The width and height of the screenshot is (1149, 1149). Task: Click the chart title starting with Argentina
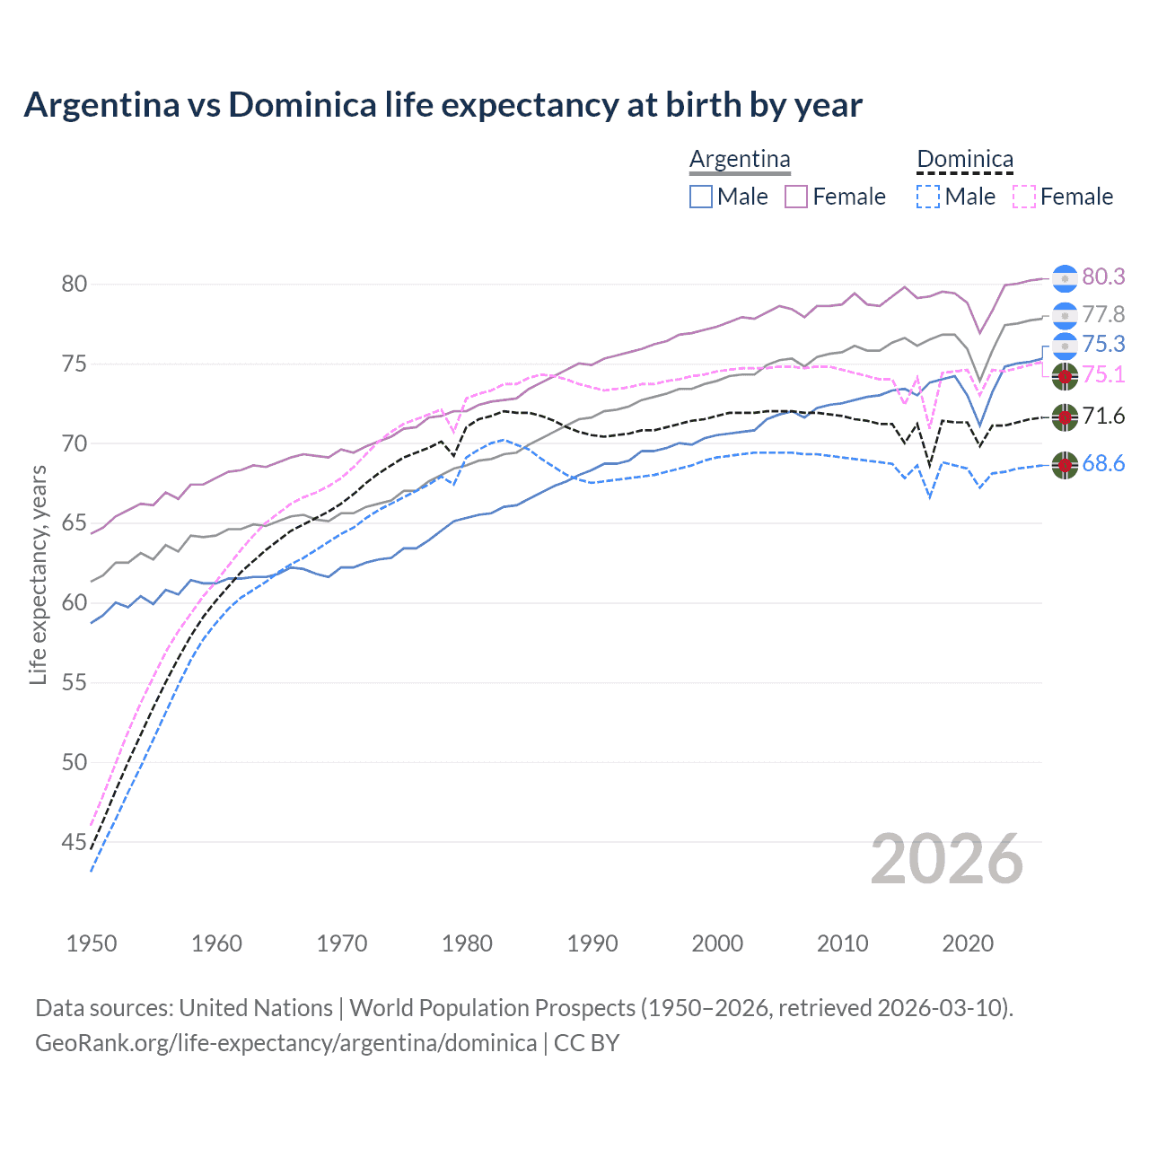tap(443, 105)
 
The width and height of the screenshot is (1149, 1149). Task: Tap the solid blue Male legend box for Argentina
tap(701, 197)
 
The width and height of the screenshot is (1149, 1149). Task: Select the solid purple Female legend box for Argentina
tap(796, 197)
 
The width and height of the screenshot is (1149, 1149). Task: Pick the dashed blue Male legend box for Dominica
tap(928, 197)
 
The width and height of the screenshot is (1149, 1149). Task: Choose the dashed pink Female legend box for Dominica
tap(1023, 197)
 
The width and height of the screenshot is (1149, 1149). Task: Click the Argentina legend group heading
tap(740, 160)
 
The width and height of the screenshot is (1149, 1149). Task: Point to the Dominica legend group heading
tap(965, 160)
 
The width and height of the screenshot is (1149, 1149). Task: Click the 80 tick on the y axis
tap(75, 285)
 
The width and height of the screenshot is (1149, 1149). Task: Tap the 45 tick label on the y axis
tap(75, 842)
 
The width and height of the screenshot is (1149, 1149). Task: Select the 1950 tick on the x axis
tap(92, 943)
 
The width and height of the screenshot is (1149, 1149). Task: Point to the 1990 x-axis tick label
tap(592, 943)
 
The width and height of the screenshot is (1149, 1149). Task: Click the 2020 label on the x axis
tap(968, 943)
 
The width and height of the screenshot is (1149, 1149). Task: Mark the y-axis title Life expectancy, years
tap(38, 574)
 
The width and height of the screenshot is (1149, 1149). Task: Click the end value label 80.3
tap(1103, 277)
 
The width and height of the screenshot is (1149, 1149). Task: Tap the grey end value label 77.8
tap(1103, 314)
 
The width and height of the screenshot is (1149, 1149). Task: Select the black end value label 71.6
tap(1103, 416)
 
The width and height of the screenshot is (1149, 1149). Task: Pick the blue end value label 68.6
tap(1103, 464)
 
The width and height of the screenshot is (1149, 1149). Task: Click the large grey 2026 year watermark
tap(947, 859)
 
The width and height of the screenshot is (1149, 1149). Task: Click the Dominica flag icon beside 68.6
tap(1065, 465)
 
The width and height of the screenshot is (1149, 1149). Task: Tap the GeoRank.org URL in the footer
tap(285, 1043)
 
